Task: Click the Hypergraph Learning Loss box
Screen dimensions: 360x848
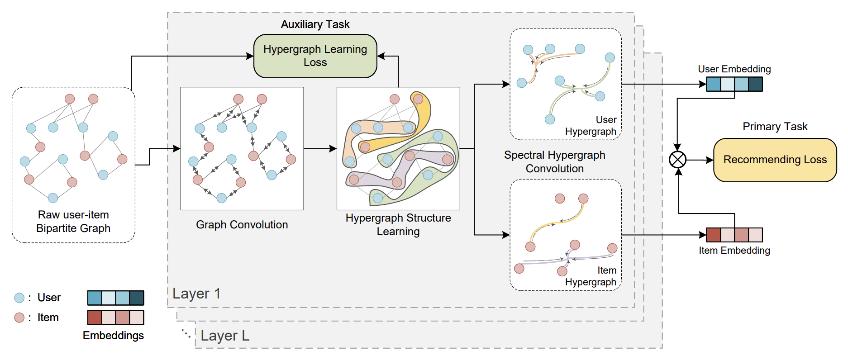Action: (x=315, y=56)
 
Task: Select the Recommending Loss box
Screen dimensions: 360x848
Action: (x=775, y=160)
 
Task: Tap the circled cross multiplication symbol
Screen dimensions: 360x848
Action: (x=677, y=160)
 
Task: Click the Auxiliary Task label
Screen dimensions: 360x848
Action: (x=315, y=24)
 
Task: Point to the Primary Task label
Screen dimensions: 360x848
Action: (x=775, y=127)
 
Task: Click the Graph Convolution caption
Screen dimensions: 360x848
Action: (x=242, y=225)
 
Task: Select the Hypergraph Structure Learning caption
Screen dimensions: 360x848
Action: (x=398, y=225)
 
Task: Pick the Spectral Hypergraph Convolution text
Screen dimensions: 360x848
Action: (x=554, y=162)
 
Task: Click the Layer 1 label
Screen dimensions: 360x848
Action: (x=196, y=294)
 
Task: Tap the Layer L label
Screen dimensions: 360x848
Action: (x=225, y=336)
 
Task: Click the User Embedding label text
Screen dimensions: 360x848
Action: (x=734, y=69)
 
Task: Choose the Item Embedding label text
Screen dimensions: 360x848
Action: (x=734, y=251)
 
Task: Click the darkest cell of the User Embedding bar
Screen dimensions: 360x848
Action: (x=755, y=84)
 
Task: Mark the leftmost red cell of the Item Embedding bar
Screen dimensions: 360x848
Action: (x=714, y=235)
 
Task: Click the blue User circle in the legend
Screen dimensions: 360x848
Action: (x=19, y=298)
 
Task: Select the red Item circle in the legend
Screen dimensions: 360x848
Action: (x=19, y=317)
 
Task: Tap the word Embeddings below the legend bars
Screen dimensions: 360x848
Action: (x=113, y=336)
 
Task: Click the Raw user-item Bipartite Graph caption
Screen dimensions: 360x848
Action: (x=73, y=222)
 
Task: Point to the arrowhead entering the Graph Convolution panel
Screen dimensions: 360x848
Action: (x=176, y=148)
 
